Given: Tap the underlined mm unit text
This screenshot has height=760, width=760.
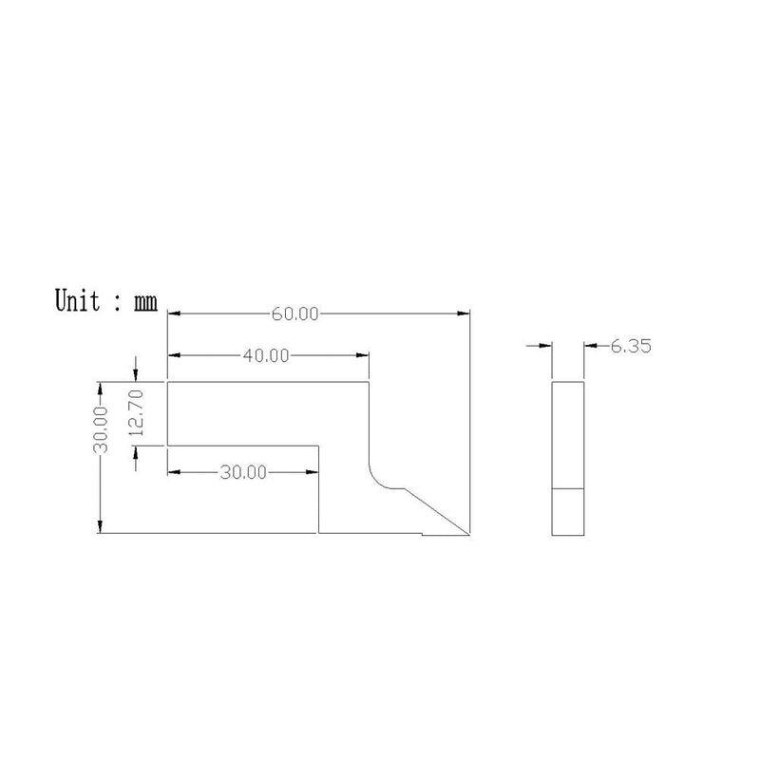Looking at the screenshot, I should coord(144,303).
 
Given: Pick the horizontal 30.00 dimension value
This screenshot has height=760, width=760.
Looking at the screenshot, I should coord(243,471).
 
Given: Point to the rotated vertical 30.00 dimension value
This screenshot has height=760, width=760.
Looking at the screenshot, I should coord(102,428).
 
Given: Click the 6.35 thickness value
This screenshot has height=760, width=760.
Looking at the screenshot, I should coord(630,348).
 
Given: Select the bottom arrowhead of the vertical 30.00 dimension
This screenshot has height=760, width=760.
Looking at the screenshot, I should coord(100,528).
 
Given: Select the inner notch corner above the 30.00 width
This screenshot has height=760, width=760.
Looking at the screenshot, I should coord(318,445).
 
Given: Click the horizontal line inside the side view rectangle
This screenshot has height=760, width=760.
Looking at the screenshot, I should coord(568,488).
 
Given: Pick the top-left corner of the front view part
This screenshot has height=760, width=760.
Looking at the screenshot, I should coord(168,382).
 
